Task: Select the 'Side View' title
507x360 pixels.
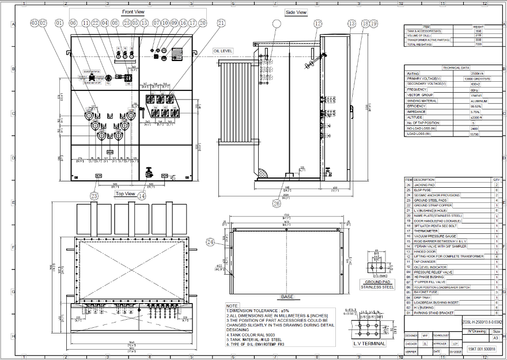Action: [296, 12]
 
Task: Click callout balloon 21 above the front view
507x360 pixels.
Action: [221, 23]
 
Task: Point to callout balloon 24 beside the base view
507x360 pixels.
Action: [210, 242]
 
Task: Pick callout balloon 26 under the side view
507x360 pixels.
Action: [277, 203]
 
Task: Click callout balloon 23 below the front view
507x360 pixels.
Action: [94, 196]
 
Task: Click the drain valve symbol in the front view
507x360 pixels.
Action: [148, 173]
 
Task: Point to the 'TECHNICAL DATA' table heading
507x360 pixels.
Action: [457, 68]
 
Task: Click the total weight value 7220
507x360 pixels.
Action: [478, 44]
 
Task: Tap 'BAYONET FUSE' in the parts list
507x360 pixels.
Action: [423, 292]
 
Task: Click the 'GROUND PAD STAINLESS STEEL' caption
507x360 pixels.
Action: [377, 284]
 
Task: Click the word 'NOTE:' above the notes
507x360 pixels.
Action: [232, 306]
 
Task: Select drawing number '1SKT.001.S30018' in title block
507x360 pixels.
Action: [481, 349]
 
